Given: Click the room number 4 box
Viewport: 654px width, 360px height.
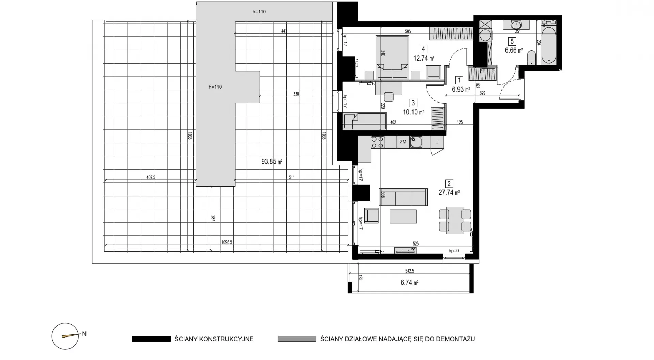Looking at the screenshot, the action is [x=423, y=49].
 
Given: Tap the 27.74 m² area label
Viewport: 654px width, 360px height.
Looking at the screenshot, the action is [x=449, y=192].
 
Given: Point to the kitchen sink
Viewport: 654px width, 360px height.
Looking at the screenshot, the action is [x=416, y=142].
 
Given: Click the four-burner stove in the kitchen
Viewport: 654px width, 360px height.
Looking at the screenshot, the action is [x=377, y=142].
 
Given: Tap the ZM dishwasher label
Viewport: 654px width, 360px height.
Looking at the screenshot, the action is [x=403, y=142].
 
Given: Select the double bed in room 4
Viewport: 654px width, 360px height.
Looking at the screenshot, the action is [x=392, y=57].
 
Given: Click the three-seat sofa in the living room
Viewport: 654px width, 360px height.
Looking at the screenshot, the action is [x=403, y=197].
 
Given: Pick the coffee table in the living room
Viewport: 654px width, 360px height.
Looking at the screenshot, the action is [x=403, y=217].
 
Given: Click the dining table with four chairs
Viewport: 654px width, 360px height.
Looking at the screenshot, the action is [x=455, y=220].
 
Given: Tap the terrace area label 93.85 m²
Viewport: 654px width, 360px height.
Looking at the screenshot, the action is [x=272, y=162].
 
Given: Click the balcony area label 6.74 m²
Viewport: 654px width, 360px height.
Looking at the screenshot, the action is [x=409, y=283].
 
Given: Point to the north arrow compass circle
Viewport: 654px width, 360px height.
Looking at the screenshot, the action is [x=65, y=336].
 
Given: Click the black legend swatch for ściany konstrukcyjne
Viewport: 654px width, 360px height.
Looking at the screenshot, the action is [x=151, y=339].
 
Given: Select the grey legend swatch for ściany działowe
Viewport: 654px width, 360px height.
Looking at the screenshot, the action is [x=297, y=339].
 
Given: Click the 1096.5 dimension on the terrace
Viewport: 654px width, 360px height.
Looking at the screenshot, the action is [x=227, y=242].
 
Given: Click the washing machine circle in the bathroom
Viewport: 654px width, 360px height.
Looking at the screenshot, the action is [x=485, y=35].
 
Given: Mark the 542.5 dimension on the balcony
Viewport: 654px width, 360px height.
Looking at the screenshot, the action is [x=410, y=271].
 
